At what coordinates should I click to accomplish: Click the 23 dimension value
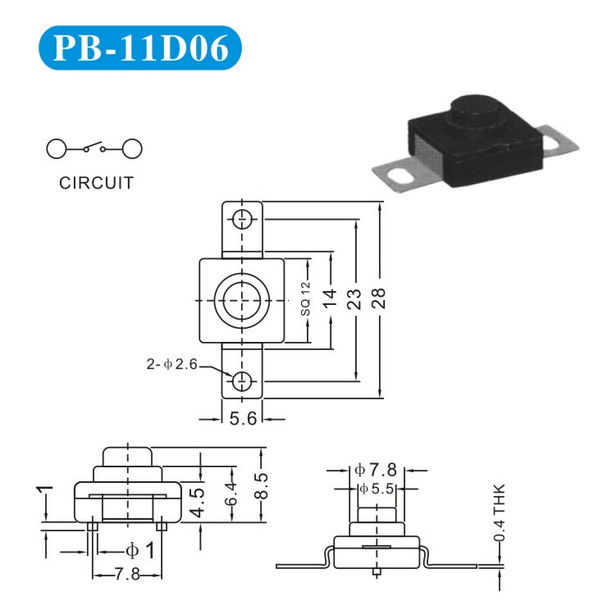click(x=354, y=299)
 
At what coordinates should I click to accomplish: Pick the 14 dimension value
click(x=330, y=300)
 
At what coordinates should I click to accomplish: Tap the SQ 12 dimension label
click(x=305, y=300)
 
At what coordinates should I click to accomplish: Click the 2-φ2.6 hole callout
click(x=172, y=363)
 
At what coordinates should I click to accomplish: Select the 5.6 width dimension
click(x=243, y=419)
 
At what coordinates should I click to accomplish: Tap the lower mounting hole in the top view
click(x=242, y=380)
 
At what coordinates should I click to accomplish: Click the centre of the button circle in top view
click(x=242, y=300)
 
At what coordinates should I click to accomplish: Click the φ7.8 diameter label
click(x=376, y=470)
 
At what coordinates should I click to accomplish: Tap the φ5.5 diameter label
click(x=377, y=488)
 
